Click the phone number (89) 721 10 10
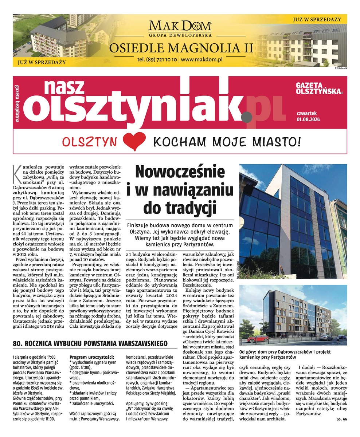click(157, 59)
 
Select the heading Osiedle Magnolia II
click(181, 47)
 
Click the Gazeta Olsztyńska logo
click(319, 88)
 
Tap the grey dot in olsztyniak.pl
click(247, 116)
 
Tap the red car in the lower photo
click(258, 339)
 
